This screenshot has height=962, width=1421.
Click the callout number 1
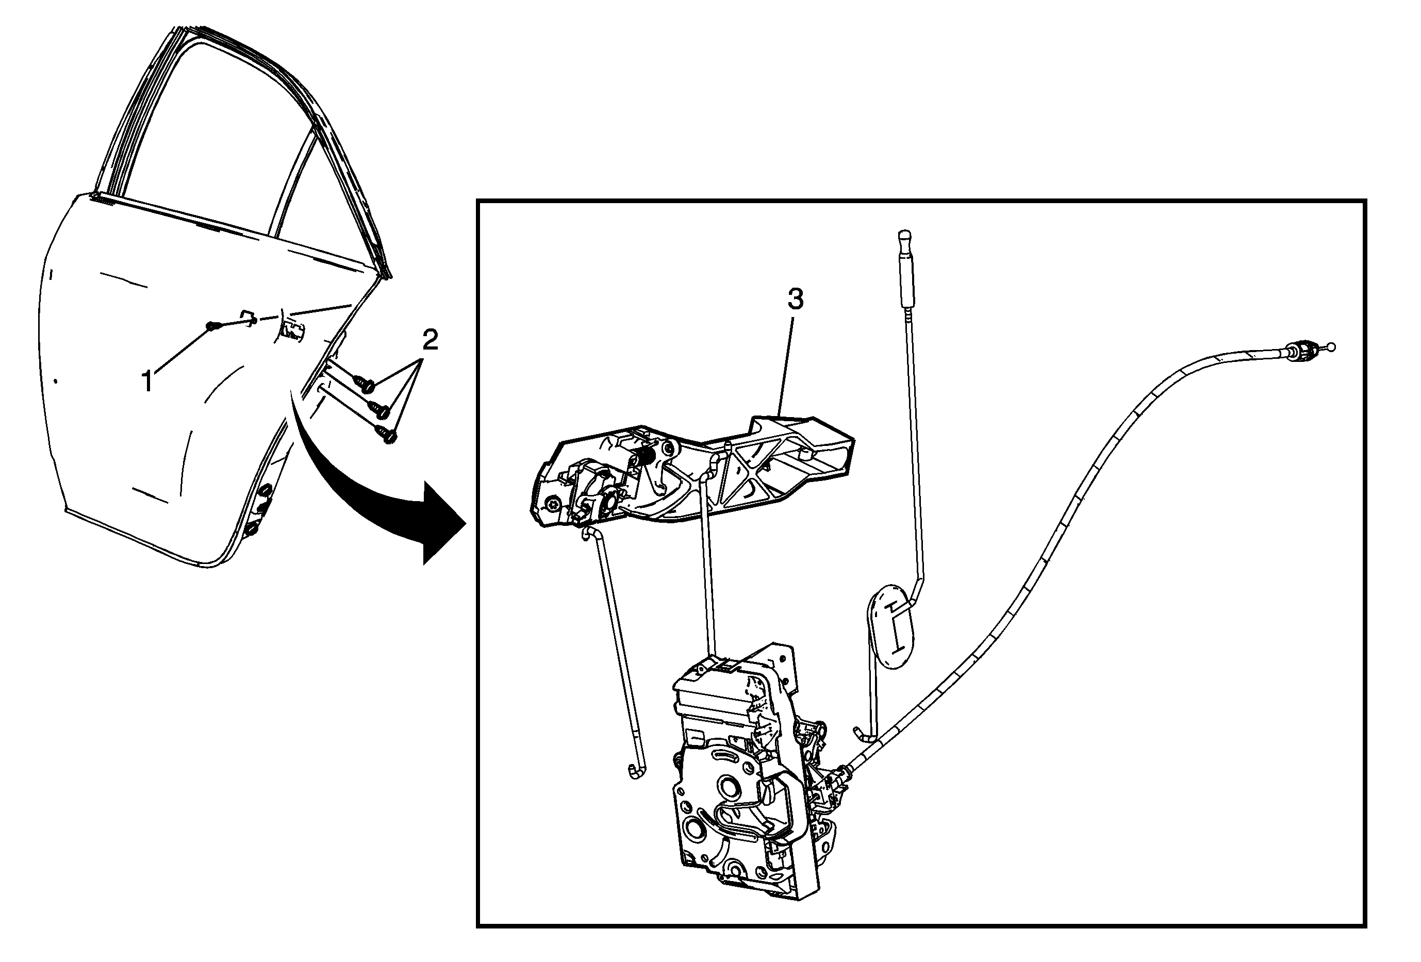point(147,382)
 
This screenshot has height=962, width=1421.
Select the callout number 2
point(431,340)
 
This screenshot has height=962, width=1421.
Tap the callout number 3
point(795,300)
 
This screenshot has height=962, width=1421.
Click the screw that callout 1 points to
point(211,326)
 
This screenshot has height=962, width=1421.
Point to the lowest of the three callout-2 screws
point(388,434)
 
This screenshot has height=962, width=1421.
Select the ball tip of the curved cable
point(1332,347)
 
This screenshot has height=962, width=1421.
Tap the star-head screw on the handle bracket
point(554,505)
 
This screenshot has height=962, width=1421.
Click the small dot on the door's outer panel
point(56,382)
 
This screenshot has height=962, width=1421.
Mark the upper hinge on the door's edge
point(266,493)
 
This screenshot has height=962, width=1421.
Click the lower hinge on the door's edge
point(253,529)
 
